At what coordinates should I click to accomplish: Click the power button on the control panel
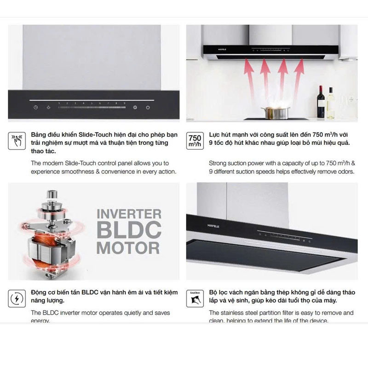tap(148, 108)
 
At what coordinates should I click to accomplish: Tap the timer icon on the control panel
tap(35, 108)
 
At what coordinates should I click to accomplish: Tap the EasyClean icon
tap(195, 298)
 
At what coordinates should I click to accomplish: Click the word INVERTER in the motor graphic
tap(128, 214)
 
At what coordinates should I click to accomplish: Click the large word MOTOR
tap(128, 247)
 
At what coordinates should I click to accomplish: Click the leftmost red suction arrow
tap(249, 76)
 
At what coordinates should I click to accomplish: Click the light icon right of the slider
tap(135, 108)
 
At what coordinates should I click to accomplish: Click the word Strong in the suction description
tap(218, 163)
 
